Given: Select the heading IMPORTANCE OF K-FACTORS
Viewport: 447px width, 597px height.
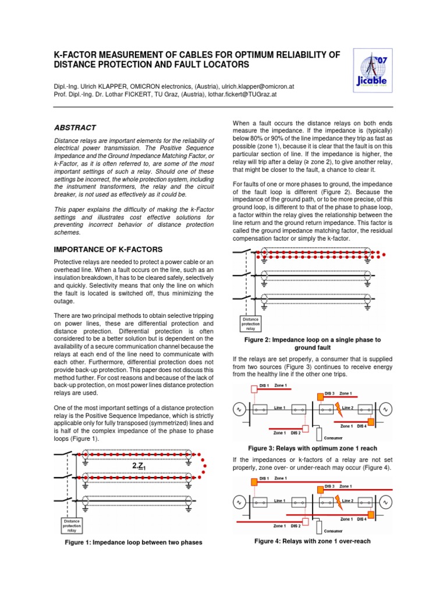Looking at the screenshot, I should point(104,250).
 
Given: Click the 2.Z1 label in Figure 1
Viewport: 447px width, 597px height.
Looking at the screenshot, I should point(139,466).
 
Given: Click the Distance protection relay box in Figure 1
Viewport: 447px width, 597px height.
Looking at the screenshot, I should point(72,525).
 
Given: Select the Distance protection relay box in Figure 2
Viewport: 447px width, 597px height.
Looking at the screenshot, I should point(251,323).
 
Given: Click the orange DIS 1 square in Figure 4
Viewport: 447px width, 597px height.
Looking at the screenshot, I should point(254,482).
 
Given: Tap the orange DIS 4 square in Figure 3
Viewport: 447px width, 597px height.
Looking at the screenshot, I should point(370,423).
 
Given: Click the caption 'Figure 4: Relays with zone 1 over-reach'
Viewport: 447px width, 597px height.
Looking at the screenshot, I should point(313,541).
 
